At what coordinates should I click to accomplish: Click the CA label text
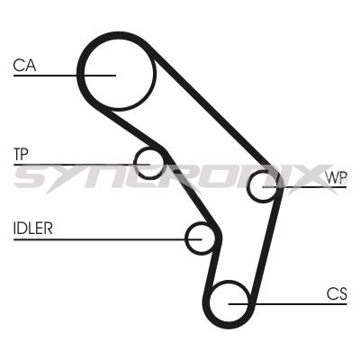[x=24, y=65]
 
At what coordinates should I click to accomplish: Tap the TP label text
[x=21, y=154]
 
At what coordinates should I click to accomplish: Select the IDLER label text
[x=33, y=229]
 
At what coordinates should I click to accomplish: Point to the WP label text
[x=337, y=178]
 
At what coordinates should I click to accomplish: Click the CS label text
[x=337, y=293]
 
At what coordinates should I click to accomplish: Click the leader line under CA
[x=65, y=76]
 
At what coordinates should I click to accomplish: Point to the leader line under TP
[x=82, y=165]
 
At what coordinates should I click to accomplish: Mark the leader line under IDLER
[x=107, y=239]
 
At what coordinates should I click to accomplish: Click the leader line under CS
[x=287, y=304]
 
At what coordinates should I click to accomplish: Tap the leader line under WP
[x=304, y=187]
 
